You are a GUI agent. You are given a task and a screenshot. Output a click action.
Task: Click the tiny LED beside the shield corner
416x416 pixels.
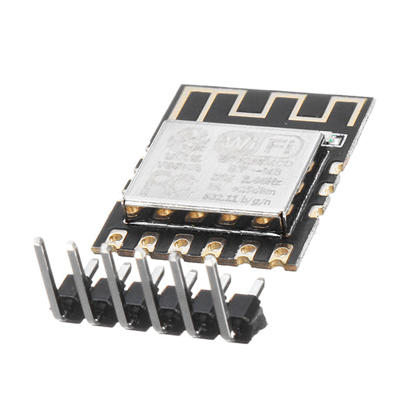point(334,140)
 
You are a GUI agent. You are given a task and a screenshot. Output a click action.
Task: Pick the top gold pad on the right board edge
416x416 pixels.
point(336,167)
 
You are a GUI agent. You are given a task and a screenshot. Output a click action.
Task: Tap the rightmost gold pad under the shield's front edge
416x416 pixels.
point(262,222)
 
